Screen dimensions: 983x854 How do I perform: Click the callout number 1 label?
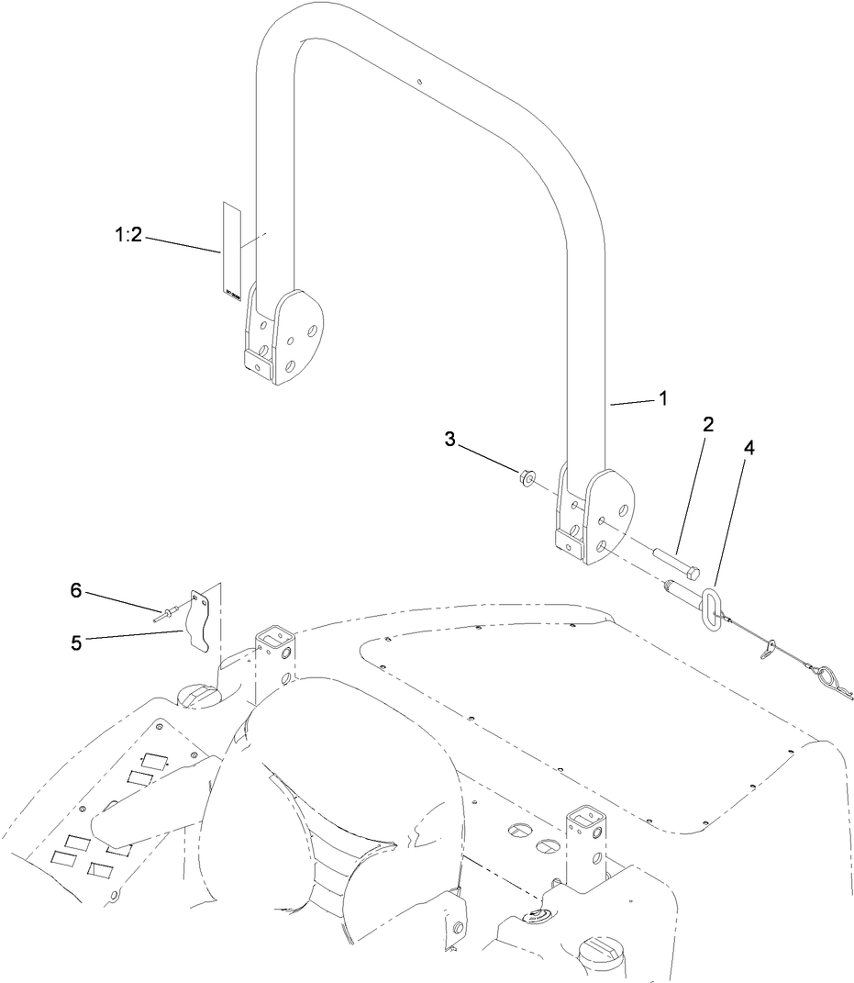click(662, 399)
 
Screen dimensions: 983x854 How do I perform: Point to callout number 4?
click(749, 450)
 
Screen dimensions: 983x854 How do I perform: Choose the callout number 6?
click(77, 590)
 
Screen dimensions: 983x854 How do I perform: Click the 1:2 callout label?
click(128, 235)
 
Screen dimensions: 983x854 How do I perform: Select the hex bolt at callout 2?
click(677, 562)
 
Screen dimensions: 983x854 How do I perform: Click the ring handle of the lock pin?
click(714, 609)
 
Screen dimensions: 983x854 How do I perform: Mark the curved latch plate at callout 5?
click(202, 620)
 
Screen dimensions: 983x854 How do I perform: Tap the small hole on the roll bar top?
click(418, 84)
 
